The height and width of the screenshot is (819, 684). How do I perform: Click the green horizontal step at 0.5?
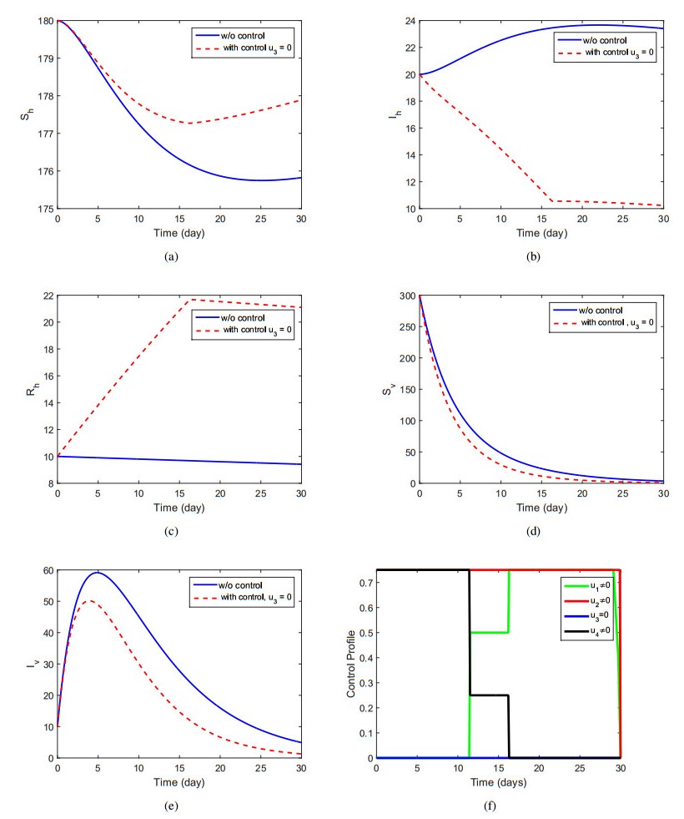[x=489, y=633]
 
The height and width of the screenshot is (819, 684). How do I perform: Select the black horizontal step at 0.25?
[x=489, y=695]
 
